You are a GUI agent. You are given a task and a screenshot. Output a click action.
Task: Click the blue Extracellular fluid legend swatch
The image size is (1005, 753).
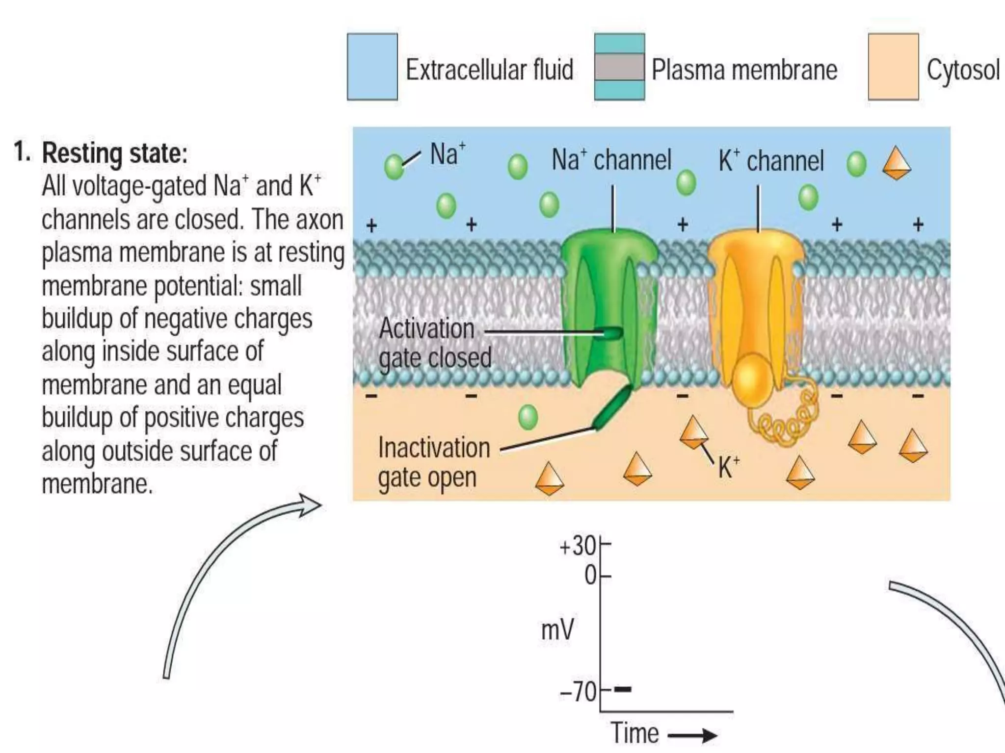click(372, 67)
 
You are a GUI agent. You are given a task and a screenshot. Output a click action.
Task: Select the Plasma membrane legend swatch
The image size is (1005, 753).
click(619, 67)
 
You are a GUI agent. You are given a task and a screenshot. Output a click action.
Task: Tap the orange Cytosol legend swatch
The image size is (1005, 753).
click(893, 67)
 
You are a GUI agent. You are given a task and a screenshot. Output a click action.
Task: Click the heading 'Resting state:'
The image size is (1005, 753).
click(115, 153)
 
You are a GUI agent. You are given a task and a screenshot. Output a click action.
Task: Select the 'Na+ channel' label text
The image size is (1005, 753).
click(611, 160)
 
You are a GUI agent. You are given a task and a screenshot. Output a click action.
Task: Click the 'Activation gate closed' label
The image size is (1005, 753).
click(434, 343)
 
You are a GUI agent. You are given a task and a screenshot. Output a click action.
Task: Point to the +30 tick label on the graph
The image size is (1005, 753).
click(578, 546)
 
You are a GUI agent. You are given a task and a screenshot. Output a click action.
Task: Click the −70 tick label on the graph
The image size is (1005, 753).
click(578, 692)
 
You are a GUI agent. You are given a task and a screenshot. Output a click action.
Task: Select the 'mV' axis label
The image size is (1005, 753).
click(557, 629)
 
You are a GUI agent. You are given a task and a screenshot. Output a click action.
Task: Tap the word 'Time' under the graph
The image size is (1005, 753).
click(635, 733)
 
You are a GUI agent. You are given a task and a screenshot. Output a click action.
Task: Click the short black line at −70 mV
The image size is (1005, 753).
click(623, 689)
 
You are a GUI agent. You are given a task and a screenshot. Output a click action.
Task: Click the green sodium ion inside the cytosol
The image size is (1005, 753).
click(528, 418)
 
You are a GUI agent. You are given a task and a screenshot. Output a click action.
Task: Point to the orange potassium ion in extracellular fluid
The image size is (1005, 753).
click(897, 163)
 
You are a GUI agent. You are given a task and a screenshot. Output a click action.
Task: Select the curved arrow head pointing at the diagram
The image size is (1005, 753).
click(309, 505)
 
